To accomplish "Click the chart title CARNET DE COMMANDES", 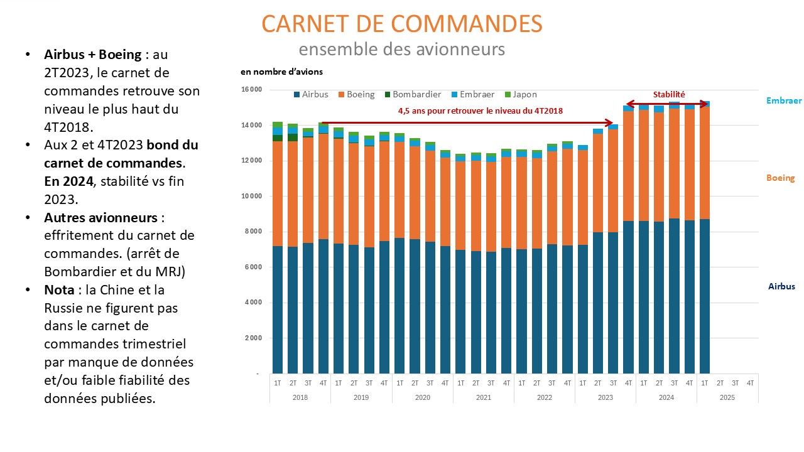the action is (401, 24).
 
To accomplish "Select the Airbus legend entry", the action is (311, 94).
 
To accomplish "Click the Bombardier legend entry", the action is (413, 94).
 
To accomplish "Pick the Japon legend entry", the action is (521, 94).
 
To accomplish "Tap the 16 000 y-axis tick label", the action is (252, 89).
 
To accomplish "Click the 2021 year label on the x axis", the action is (483, 397).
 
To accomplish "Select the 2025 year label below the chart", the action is (727, 397).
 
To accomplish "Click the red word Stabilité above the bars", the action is (669, 94).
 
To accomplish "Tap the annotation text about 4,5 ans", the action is (481, 111).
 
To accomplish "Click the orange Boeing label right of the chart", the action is (780, 178).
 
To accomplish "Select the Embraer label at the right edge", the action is (784, 100).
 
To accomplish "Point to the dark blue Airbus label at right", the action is (781, 286).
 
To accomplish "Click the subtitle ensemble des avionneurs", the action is (401, 49).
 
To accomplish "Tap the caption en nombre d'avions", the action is (282, 72).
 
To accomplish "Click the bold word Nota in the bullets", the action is (59, 290).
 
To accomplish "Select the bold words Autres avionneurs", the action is (101, 218).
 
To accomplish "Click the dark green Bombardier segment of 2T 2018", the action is (293, 137).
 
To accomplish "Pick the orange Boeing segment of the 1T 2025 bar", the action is (705, 163).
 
